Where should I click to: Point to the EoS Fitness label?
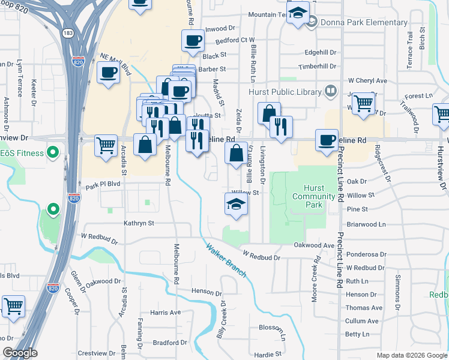point(22,153)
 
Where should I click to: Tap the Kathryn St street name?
point(139,223)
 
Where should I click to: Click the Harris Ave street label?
point(165,313)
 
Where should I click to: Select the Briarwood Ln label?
point(366,224)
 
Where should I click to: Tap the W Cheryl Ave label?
point(368,80)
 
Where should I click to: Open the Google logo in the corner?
point(20,353)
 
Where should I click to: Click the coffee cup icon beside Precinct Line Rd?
point(326,140)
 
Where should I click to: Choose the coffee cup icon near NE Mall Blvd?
point(109,73)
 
